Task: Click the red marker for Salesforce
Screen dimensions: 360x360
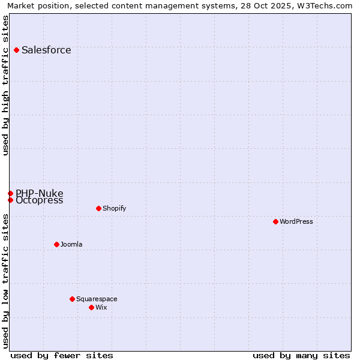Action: point(16,50)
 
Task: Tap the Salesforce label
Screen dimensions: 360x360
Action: point(46,50)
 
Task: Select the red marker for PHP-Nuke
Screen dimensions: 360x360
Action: point(10,193)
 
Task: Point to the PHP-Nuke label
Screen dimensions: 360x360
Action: point(39,193)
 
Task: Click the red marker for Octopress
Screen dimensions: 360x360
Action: point(10,200)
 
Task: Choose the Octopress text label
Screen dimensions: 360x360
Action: point(39,200)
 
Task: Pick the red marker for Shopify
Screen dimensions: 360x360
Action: point(98,208)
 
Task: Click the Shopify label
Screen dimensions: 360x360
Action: point(114,208)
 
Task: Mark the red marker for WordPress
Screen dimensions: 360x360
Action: point(275,221)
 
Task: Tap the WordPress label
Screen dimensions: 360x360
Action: point(296,221)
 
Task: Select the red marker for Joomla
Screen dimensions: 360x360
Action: point(56,244)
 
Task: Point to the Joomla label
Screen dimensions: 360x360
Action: point(71,244)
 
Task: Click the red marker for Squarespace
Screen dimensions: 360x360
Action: point(72,299)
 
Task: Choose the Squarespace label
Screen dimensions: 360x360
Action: point(97,299)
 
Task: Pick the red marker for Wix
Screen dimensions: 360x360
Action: point(91,307)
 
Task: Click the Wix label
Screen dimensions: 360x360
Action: point(101,307)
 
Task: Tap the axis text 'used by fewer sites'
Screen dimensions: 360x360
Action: point(62,355)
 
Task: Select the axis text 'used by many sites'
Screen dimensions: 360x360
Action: point(301,355)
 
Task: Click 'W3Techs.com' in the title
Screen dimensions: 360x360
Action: point(327,5)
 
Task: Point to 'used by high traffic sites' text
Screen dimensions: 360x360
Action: point(5,85)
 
